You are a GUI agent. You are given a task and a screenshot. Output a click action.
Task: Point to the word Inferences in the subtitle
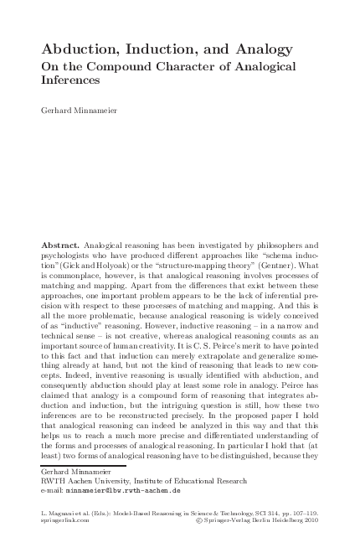pyautogui.click(x=70, y=80)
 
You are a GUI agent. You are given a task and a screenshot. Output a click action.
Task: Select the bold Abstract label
pyautogui.click(x=60, y=245)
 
